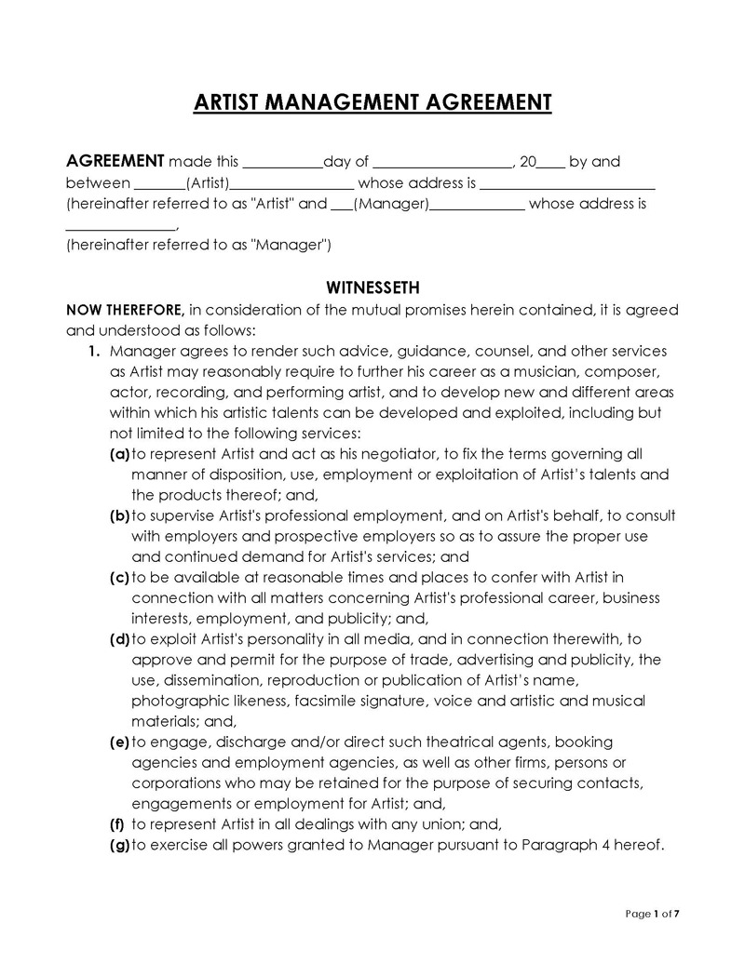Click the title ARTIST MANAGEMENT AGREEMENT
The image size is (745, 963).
pos(372,102)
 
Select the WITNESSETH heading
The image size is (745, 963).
pos(372,288)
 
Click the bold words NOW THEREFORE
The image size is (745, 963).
pos(125,309)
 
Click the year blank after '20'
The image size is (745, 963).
pos(551,163)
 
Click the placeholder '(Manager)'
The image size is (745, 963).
pos(390,203)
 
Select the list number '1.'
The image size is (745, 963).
pos(93,351)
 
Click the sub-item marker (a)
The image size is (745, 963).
pos(119,454)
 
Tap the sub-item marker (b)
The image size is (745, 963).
pos(119,515)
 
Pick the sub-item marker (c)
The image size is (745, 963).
pos(119,577)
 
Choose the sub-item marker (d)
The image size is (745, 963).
pos(119,638)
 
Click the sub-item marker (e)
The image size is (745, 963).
pos(119,742)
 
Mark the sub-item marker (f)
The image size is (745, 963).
pos(117,823)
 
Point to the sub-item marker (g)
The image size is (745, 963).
pos(119,845)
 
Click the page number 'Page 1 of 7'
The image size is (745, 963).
pos(654,914)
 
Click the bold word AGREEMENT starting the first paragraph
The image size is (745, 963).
pos(115,162)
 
